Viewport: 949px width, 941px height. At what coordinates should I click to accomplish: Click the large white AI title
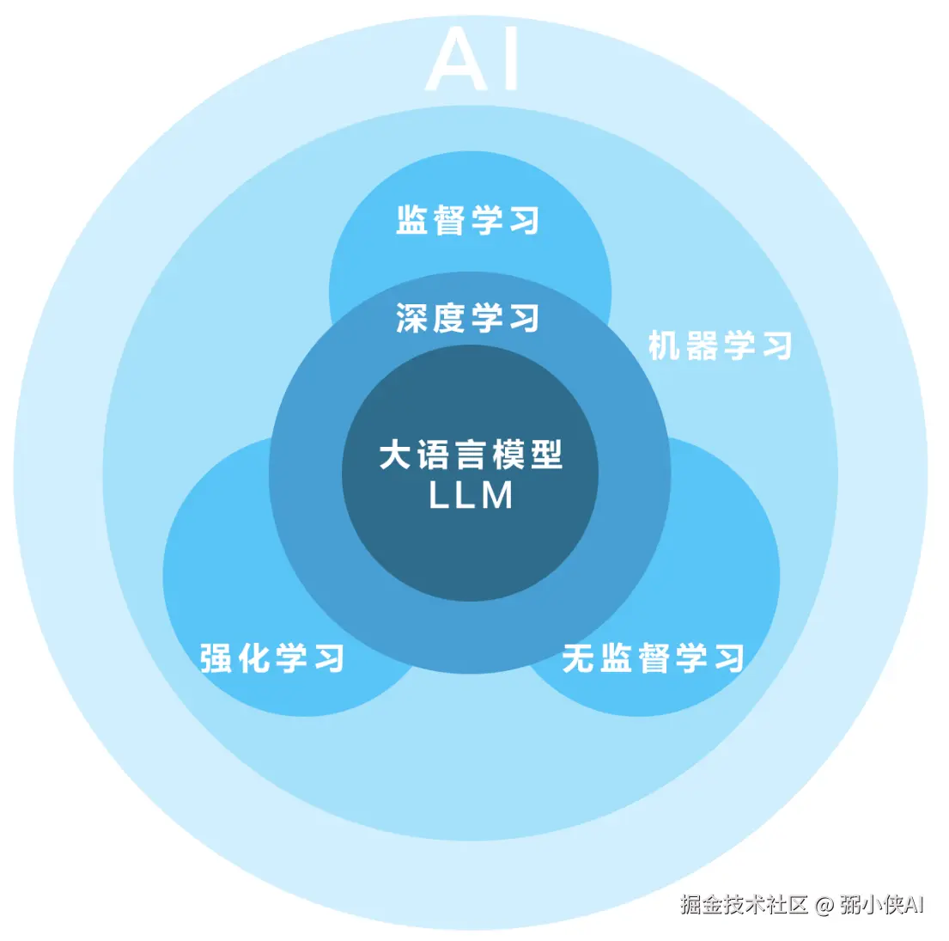coord(473,59)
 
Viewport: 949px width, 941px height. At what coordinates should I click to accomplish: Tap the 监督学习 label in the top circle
coord(468,220)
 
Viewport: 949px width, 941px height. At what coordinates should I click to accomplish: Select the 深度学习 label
coord(468,318)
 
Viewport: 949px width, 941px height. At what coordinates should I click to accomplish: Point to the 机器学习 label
coord(720,345)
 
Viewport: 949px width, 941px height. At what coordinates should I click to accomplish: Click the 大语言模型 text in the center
coord(471,455)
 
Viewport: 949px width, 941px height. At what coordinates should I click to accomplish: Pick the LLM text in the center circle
coord(471,496)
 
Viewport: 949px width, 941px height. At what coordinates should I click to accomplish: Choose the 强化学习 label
coord(272,658)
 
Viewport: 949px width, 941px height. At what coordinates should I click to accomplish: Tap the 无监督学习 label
coord(653,658)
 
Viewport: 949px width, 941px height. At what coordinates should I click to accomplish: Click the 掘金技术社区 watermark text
coord(745,904)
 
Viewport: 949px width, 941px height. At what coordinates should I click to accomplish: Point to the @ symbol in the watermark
coord(824,905)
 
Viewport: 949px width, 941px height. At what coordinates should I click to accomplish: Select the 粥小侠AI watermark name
coord(881,904)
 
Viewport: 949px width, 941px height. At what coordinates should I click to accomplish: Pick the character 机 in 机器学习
coord(664,345)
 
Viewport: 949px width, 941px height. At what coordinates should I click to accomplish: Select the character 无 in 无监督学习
coord(578,658)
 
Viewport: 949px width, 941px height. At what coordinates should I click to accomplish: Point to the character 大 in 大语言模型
coord(395,455)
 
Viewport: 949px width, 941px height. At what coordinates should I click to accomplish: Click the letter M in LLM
coord(497,496)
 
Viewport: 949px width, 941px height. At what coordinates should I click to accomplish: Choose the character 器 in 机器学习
coord(702,345)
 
